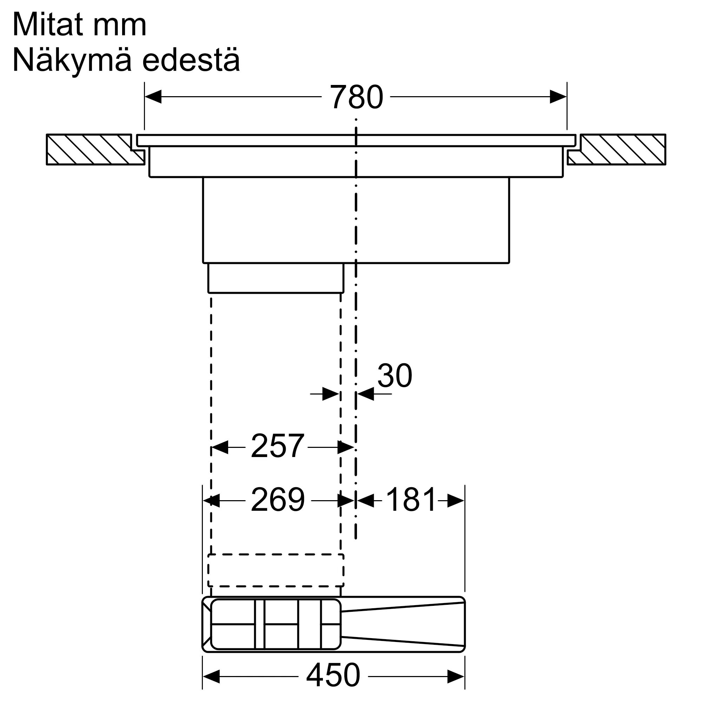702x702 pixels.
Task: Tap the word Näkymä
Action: coord(72,60)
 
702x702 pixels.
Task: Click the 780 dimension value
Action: coord(356,97)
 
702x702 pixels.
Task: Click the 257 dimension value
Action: coord(277,446)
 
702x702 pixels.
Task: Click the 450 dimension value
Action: coord(333,675)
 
